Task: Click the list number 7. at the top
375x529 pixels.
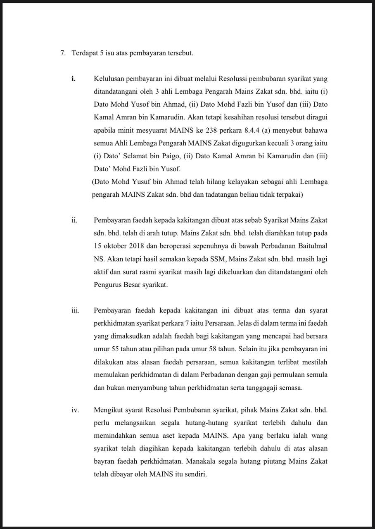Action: pos(63,53)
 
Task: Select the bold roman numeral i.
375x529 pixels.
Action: pos(74,79)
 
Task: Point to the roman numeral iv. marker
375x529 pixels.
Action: pos(74,410)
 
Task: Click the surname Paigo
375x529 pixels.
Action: pos(178,156)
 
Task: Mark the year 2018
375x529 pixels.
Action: pos(136,246)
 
